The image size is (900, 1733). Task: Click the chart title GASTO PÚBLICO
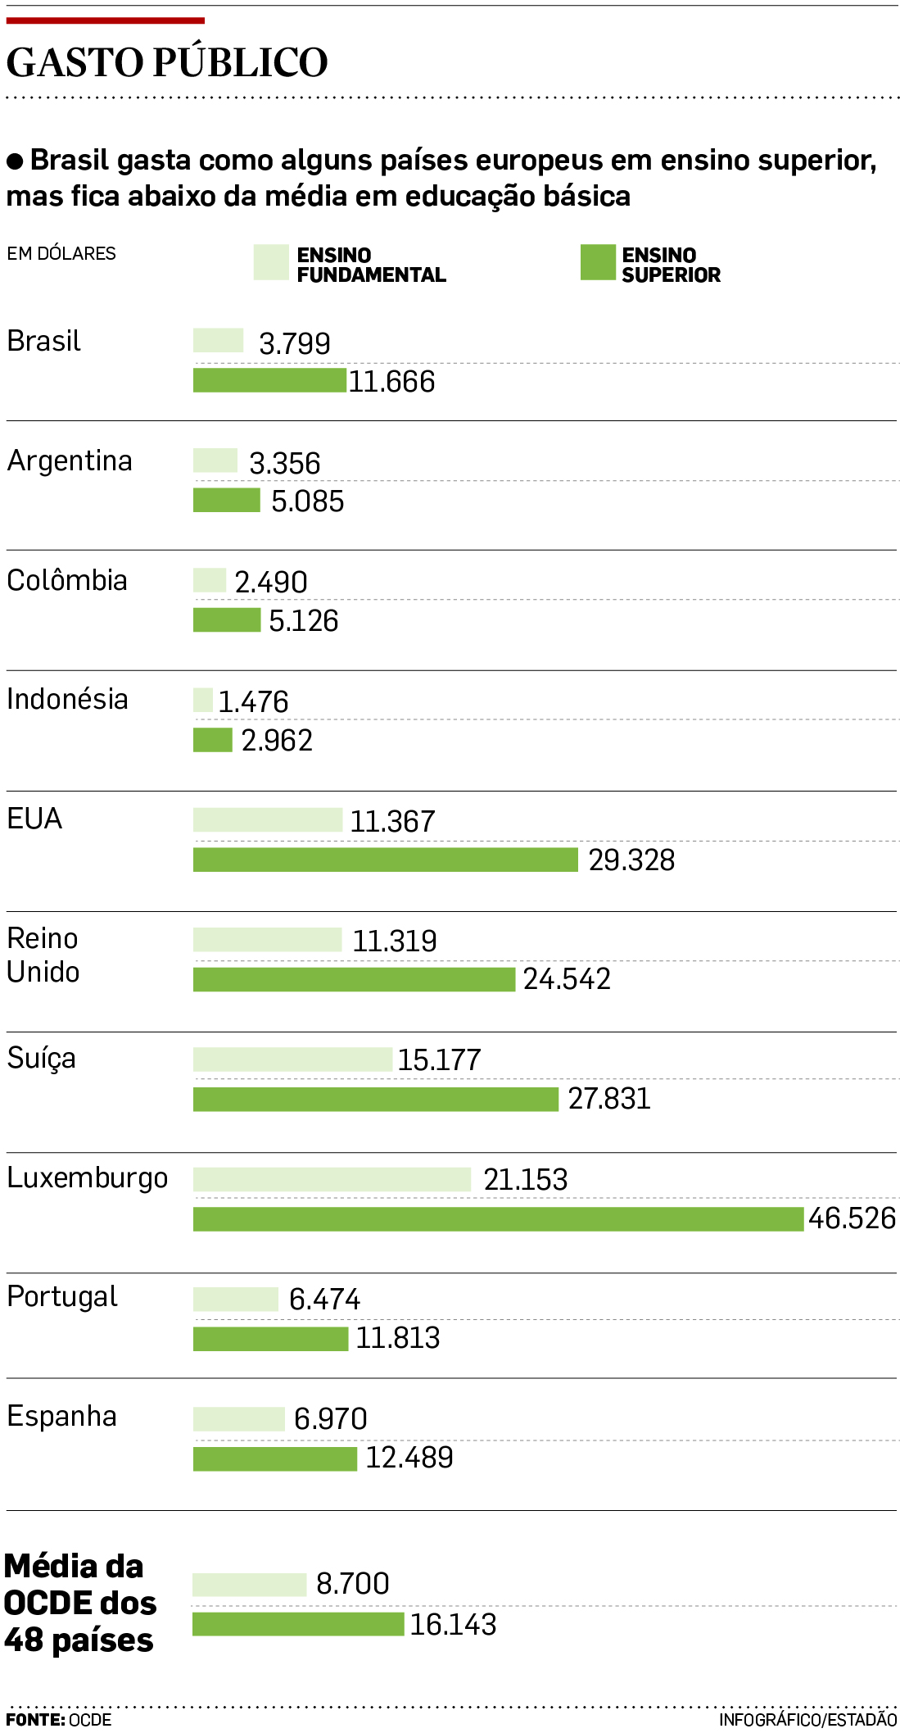point(167,62)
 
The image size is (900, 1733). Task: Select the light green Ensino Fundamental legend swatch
point(271,262)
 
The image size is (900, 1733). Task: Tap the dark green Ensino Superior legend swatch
point(598,262)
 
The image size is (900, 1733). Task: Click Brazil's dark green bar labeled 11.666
point(269,380)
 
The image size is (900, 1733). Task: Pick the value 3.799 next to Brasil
point(295,343)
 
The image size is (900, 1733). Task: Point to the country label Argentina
point(70,460)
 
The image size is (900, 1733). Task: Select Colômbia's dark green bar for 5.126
point(227,619)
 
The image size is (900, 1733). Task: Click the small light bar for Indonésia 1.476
point(203,700)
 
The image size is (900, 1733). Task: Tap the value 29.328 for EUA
point(631,860)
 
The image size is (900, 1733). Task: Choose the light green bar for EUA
point(268,819)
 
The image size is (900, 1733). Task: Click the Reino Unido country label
point(43,955)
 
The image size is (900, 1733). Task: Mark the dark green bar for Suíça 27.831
point(376,1099)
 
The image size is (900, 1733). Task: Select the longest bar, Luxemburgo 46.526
point(498,1218)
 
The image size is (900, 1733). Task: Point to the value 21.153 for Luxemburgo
point(525,1179)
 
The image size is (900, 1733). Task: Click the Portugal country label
point(62,1296)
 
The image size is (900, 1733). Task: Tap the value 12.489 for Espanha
point(409,1457)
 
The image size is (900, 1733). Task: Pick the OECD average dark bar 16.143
point(298,1623)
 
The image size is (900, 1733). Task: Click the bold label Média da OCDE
point(79,1603)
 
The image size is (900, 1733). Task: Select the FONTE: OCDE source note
point(59,1719)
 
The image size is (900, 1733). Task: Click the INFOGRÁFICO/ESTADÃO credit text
point(807,1719)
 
